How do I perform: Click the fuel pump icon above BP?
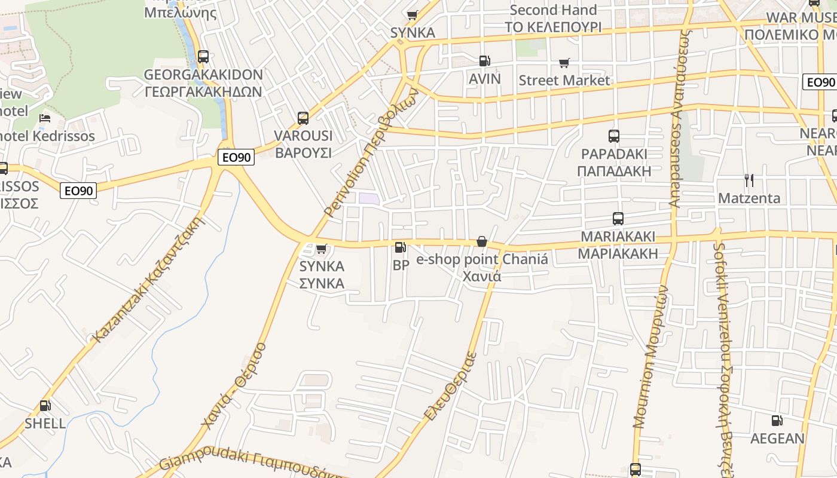(x=400, y=247)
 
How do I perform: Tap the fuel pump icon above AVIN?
(x=484, y=60)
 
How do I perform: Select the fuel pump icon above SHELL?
(x=45, y=406)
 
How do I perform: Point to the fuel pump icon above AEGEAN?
(x=777, y=421)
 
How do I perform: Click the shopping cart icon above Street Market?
(x=564, y=63)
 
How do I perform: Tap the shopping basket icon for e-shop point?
(x=481, y=241)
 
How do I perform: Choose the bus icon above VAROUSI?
(x=303, y=118)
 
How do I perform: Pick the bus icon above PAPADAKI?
(x=614, y=136)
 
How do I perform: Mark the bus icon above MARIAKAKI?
(x=618, y=219)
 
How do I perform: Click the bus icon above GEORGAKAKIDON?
(x=203, y=57)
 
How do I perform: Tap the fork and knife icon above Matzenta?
(x=749, y=180)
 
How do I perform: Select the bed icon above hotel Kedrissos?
(x=45, y=118)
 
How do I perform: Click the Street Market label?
(x=564, y=80)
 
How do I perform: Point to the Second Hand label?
(x=553, y=10)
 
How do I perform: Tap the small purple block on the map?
(x=368, y=198)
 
